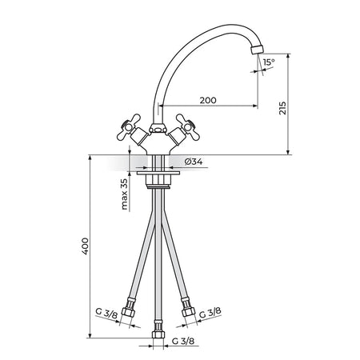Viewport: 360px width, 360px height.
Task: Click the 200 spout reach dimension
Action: (x=208, y=101)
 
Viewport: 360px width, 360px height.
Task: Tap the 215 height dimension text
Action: (x=282, y=108)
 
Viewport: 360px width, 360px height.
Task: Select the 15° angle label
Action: (x=269, y=62)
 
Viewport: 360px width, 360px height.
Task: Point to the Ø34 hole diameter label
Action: (x=194, y=162)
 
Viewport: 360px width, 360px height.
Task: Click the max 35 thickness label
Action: (x=124, y=194)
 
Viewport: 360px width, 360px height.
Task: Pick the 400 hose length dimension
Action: (x=85, y=246)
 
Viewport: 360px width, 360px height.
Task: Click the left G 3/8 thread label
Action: (x=106, y=314)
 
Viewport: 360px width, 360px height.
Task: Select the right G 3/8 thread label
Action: (x=210, y=313)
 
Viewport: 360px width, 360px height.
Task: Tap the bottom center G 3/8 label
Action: (x=183, y=341)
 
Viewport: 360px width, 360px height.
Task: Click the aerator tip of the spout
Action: (x=258, y=50)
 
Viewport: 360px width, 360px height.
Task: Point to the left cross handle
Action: (x=129, y=127)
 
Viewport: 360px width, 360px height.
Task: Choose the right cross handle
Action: (x=188, y=127)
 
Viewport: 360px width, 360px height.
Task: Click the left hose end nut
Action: (x=128, y=312)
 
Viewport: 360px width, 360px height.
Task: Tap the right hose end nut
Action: (x=188, y=311)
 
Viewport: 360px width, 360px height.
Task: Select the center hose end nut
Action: (x=158, y=334)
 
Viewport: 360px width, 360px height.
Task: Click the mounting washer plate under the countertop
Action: (x=158, y=173)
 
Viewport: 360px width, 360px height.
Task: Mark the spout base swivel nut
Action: (x=158, y=129)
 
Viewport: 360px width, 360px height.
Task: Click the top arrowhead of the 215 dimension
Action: (x=288, y=56)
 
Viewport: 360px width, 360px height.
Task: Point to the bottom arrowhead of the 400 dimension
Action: (x=90, y=335)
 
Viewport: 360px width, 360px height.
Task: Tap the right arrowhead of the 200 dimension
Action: (x=255, y=106)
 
